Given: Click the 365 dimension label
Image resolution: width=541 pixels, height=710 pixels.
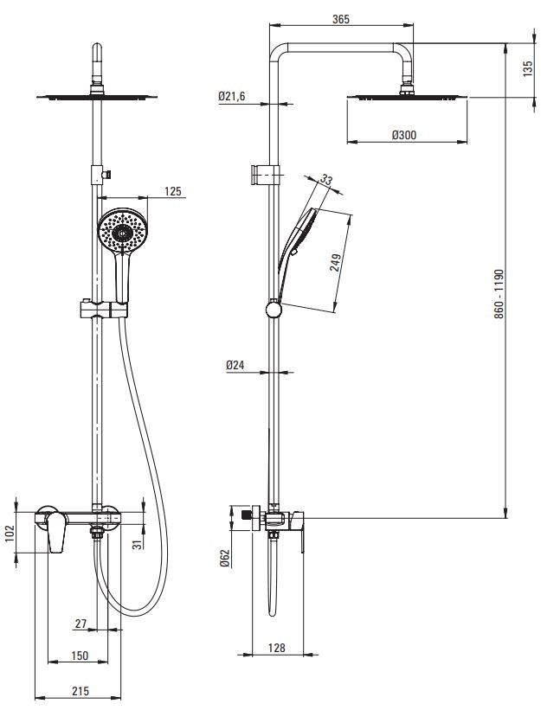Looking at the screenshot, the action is [341, 19].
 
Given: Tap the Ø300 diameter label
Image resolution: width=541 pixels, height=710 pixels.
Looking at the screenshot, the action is [403, 135].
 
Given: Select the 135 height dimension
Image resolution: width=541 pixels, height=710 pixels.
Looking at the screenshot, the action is [528, 69].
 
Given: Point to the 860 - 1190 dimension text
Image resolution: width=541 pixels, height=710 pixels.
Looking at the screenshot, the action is [499, 294].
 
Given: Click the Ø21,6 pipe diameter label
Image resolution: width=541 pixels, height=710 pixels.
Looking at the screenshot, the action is [231, 96].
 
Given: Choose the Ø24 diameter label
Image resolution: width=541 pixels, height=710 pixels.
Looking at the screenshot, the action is [235, 365].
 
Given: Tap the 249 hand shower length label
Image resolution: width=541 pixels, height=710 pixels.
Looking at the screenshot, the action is [336, 263].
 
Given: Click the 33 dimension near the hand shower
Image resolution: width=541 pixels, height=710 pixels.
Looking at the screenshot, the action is [326, 179].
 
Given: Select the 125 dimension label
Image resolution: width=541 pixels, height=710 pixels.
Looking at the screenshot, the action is [172, 191].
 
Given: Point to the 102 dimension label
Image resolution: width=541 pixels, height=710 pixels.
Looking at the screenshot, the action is [10, 533].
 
